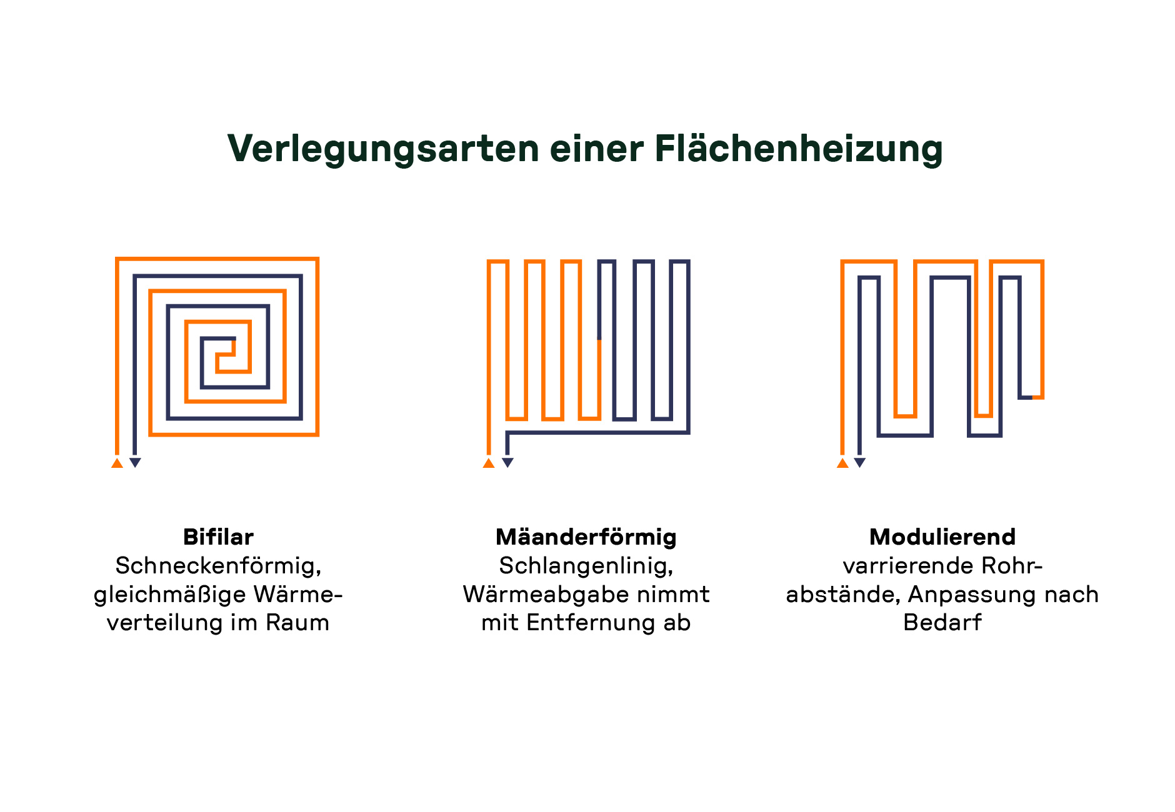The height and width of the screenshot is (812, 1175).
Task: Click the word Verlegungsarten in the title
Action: click(x=382, y=149)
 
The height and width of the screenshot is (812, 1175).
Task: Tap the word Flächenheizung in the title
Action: click(x=798, y=149)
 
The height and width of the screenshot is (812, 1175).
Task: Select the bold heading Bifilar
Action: click(x=218, y=537)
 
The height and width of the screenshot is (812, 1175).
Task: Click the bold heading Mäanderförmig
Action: click(x=586, y=537)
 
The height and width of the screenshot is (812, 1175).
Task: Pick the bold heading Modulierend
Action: click(x=942, y=537)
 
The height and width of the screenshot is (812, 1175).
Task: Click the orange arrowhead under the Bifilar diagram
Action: click(x=117, y=463)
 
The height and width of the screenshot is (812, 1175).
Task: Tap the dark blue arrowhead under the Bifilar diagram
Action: click(x=135, y=463)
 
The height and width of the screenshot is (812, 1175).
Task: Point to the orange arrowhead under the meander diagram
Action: click(x=489, y=463)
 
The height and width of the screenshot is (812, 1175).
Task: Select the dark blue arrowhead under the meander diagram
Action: click(x=507, y=463)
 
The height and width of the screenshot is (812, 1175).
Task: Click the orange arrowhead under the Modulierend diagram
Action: click(x=842, y=463)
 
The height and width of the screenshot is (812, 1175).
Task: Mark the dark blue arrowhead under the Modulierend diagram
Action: click(x=860, y=463)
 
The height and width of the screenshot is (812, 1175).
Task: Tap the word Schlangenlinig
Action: click(x=585, y=566)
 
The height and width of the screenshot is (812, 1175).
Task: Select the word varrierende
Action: click(x=907, y=566)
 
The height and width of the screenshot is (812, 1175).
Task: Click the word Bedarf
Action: click(x=942, y=623)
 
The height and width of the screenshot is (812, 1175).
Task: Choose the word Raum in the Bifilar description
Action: click(x=297, y=623)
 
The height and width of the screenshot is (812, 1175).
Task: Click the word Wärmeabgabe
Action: click(x=545, y=594)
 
